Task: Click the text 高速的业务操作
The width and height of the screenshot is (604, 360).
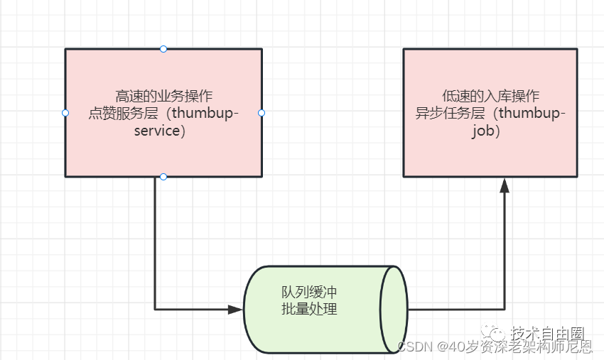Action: pyautogui.click(x=163, y=96)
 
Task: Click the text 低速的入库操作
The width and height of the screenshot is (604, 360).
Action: pyautogui.click(x=490, y=96)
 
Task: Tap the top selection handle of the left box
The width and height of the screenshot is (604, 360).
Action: pyautogui.click(x=163, y=49)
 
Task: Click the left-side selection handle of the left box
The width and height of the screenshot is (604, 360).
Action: pyautogui.click(x=65, y=113)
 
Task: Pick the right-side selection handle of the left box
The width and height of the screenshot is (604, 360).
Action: pyautogui.click(x=261, y=113)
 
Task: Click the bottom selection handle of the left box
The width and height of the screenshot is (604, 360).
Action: pyautogui.click(x=163, y=176)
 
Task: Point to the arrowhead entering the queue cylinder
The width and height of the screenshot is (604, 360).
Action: pyautogui.click(x=235, y=310)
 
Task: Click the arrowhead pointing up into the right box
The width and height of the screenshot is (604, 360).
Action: pyautogui.click(x=505, y=185)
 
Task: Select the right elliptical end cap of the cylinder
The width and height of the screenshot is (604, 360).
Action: pyautogui.click(x=394, y=310)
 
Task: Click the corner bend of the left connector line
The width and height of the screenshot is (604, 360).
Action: pyautogui.click(x=155, y=310)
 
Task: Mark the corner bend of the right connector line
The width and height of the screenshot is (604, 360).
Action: pyautogui.click(x=505, y=310)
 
